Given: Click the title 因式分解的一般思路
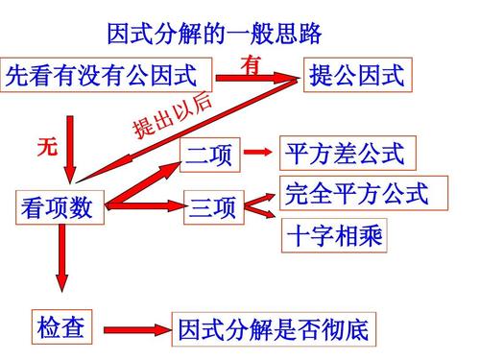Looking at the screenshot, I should click(x=212, y=35).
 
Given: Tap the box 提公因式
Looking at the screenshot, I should click(x=357, y=75).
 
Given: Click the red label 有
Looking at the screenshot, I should click(x=252, y=65).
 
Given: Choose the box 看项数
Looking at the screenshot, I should click(x=57, y=207).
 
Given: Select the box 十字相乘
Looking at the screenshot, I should click(x=334, y=235).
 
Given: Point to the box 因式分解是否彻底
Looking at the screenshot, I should click(x=273, y=330).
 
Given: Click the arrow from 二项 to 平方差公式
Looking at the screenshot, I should click(x=254, y=153).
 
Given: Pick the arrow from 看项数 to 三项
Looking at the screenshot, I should click(x=149, y=204).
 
